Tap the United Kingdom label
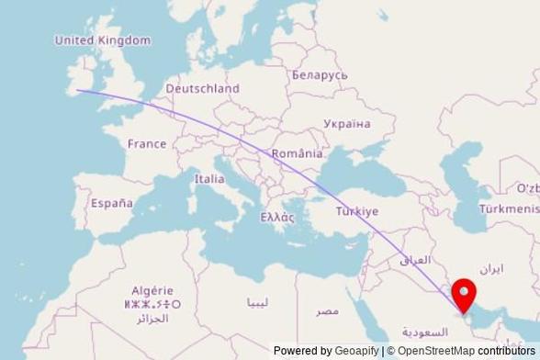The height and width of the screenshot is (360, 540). [102, 40]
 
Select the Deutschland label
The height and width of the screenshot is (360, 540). [202, 89]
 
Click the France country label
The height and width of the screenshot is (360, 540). [147, 143]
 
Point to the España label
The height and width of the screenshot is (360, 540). [111, 203]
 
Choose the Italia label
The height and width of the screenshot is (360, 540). [208, 179]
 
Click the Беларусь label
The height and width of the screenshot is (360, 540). [320, 74]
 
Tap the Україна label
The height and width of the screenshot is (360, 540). [346, 123]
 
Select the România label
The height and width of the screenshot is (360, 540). [298, 153]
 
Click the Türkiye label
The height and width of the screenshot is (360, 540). [356, 211]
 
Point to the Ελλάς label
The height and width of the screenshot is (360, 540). [277, 218]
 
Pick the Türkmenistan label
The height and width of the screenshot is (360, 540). [511, 209]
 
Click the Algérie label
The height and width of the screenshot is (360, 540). [152, 290]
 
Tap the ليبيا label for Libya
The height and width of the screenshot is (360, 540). [258, 302]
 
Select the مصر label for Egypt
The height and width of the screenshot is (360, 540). [328, 311]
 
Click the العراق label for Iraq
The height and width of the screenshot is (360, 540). [415, 260]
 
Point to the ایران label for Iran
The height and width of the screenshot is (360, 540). [492, 269]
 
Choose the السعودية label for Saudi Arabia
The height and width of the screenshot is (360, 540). [425, 332]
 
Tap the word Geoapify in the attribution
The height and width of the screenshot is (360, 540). [356, 351]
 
